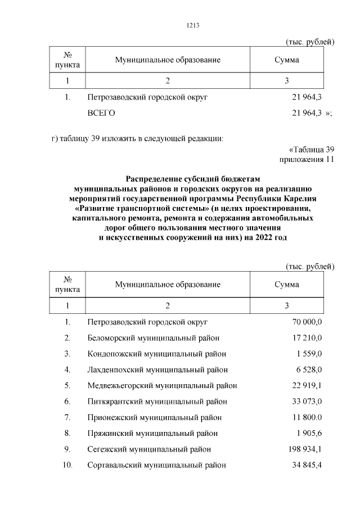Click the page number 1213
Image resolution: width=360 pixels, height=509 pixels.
coord(192,25)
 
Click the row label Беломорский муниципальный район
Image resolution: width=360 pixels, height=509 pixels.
coord(154,338)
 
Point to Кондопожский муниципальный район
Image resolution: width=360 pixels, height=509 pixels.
coord(157,354)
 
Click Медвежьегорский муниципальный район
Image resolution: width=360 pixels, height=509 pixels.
coord(162,385)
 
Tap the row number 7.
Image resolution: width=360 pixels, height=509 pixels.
coord(67,417)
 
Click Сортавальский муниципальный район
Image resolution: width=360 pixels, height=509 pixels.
coord(157,465)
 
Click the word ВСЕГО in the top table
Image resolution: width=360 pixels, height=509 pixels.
coord(101,113)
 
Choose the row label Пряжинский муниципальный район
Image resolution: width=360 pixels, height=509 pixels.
coord(152,434)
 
